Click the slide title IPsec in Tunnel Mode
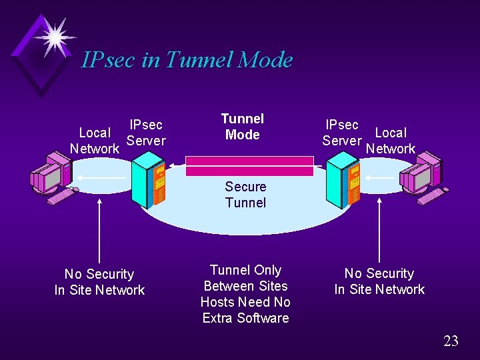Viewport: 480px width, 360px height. point(187,60)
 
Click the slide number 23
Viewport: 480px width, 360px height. point(451,341)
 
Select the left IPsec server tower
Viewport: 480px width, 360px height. point(147,181)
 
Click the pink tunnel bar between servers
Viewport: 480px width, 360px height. point(249,166)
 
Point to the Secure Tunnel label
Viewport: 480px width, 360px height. point(245,195)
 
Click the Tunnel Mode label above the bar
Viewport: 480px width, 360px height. point(243,127)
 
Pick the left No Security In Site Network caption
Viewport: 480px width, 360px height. point(99,282)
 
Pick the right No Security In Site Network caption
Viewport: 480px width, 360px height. point(379,281)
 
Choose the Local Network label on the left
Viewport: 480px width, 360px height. point(95,141)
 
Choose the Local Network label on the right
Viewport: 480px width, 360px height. point(391,141)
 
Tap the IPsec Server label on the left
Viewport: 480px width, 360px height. point(146,133)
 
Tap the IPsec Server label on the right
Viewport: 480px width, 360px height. point(341,133)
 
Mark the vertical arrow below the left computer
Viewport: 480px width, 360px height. point(99,230)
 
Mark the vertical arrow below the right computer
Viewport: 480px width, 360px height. point(379,230)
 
